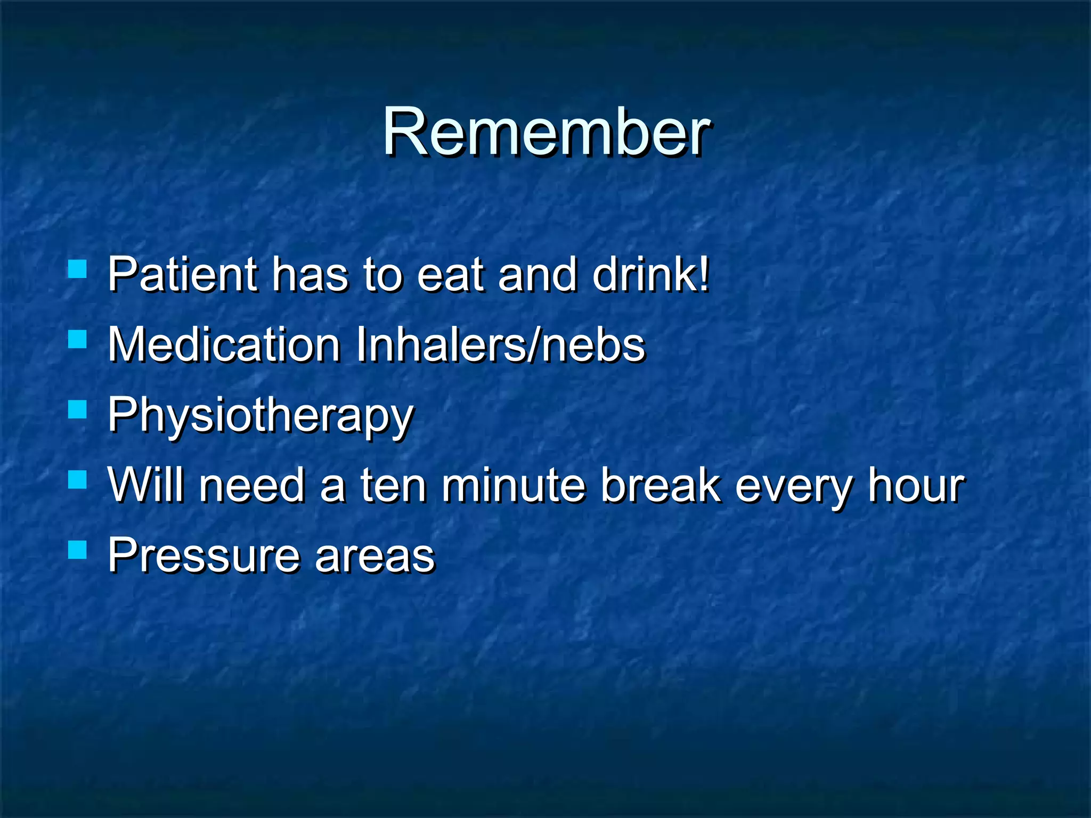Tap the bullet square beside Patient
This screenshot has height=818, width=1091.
point(78,269)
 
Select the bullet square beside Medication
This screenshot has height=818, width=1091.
point(78,339)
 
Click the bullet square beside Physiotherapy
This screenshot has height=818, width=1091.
point(78,410)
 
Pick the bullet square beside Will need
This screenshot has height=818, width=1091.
point(78,479)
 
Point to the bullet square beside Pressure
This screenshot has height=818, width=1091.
point(78,550)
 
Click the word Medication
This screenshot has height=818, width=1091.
point(224,345)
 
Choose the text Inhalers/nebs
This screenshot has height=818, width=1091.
point(500,345)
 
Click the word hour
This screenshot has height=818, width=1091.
point(916,486)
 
